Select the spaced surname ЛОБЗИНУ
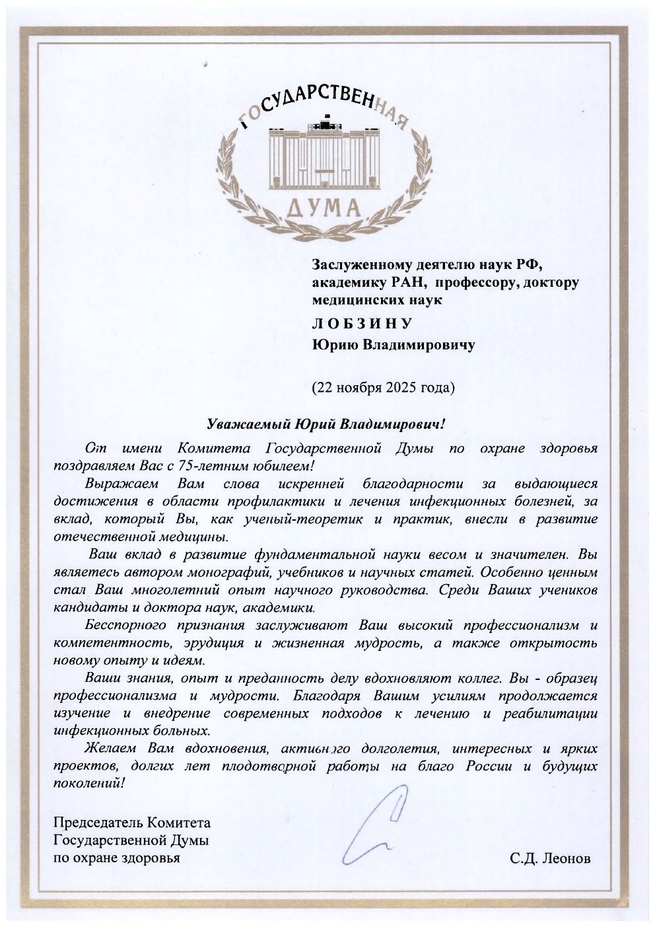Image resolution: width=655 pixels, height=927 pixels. [x=362, y=322]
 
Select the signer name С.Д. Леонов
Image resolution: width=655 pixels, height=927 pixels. [x=550, y=858]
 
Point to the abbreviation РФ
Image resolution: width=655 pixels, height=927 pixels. [x=528, y=265]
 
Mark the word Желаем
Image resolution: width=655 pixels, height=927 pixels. [x=110, y=749]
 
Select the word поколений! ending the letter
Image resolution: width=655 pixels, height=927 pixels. [x=88, y=784]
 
